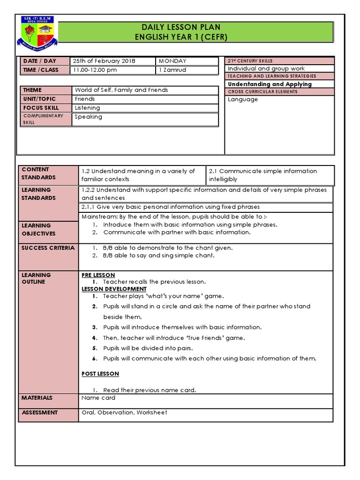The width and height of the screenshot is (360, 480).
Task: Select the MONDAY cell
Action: (172, 61)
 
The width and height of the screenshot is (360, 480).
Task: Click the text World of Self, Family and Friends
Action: (121, 90)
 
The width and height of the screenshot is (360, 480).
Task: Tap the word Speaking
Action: (88, 117)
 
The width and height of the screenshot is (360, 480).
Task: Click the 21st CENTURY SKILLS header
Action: (250, 61)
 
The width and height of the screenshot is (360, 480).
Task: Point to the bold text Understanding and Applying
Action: (270, 84)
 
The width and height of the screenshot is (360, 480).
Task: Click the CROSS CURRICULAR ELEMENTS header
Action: (262, 92)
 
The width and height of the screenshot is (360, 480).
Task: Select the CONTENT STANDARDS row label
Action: (38, 173)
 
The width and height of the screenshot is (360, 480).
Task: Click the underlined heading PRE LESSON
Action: (98, 275)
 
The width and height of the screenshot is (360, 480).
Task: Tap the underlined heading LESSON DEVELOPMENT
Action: (114, 289)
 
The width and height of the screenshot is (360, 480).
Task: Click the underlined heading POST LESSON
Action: (100, 374)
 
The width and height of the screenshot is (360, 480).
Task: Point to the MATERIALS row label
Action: (37, 398)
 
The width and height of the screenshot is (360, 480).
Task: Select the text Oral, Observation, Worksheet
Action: (124, 412)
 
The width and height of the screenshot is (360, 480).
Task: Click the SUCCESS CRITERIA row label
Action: (48, 247)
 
